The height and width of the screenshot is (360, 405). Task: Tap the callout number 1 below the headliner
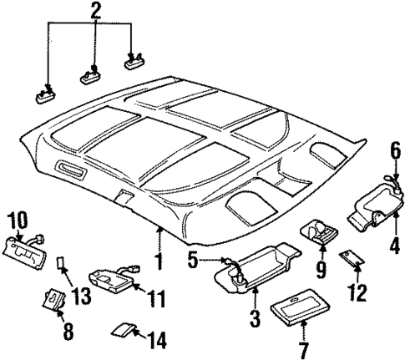pos(158,262)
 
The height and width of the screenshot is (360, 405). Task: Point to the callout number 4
pos(394,247)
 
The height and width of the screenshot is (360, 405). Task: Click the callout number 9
pos(318,270)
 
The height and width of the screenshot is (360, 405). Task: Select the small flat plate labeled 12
pos(351,261)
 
